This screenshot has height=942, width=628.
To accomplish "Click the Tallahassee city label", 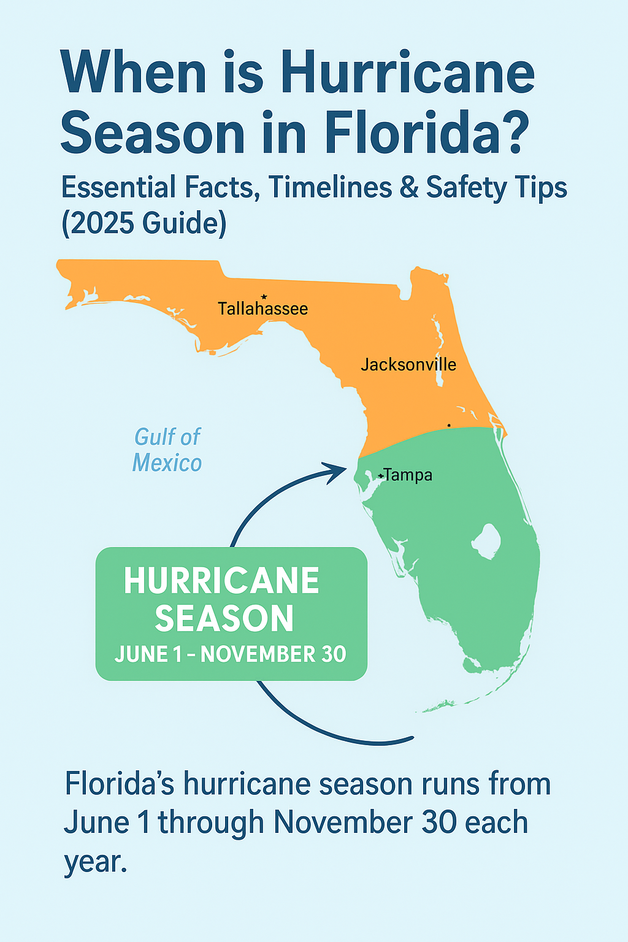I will (262, 308).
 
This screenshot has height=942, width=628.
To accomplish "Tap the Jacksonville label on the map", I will (408, 365).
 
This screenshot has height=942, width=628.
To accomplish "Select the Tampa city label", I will (408, 475).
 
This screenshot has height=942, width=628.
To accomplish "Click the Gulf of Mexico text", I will (167, 450).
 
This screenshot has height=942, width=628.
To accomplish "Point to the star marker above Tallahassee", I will (264, 297).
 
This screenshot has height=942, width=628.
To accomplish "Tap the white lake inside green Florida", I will (487, 542).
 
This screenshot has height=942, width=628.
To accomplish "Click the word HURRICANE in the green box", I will (221, 581).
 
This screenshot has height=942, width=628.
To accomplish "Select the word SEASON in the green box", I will (224, 619).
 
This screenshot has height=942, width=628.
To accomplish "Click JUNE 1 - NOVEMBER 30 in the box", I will (231, 654).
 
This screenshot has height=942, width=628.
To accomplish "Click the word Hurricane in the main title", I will (407, 74).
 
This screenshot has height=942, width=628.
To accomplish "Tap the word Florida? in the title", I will (426, 134).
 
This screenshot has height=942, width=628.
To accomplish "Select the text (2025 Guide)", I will (144, 223).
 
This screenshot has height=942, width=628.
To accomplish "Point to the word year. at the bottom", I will (96, 862).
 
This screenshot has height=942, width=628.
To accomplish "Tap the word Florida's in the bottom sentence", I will (120, 784).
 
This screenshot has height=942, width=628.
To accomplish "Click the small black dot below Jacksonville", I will (449, 425).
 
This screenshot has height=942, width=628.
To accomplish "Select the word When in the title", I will (133, 74).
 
